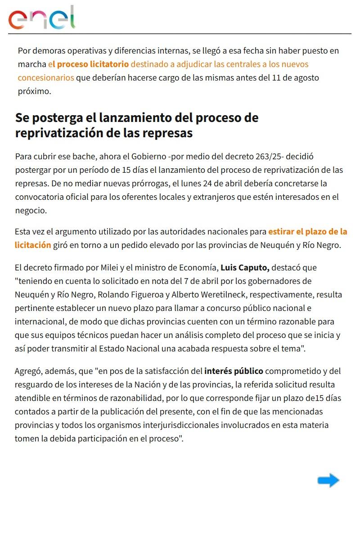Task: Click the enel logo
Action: (41, 18)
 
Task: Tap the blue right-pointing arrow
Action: (328, 481)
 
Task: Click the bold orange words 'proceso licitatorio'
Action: (93, 64)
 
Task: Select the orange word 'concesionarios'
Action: (46, 77)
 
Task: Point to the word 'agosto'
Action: (306, 77)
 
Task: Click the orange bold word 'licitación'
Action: (33, 245)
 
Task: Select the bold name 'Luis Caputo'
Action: (245, 267)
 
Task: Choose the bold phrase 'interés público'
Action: (234, 371)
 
